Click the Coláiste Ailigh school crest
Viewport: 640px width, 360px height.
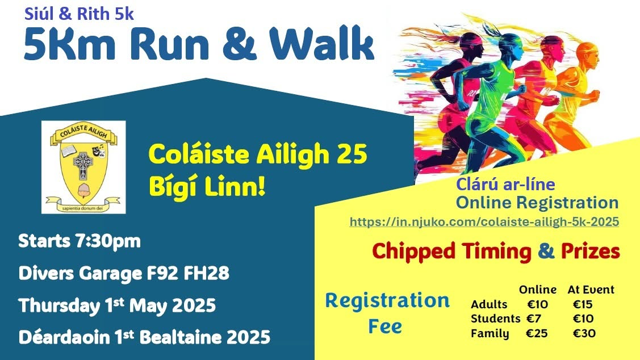point(83,167)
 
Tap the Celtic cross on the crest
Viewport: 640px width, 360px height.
point(83,165)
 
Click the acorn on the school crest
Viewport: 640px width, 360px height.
point(85,190)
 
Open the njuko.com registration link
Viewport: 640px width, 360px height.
point(484,221)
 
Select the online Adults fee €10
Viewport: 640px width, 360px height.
point(538,304)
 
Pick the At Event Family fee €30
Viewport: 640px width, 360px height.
point(584,333)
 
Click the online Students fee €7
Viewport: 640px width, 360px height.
point(534,319)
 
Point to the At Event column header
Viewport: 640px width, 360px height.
point(591,290)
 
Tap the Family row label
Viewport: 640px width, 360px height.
point(490,334)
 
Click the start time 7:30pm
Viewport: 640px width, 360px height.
point(108,241)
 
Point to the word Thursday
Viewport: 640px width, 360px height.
point(59,305)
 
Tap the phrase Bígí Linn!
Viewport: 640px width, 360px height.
point(207,187)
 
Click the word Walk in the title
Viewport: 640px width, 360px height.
point(321,44)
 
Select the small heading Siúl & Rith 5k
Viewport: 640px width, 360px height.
point(79,14)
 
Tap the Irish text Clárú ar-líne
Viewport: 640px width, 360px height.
point(505,184)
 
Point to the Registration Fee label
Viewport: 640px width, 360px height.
point(387,313)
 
